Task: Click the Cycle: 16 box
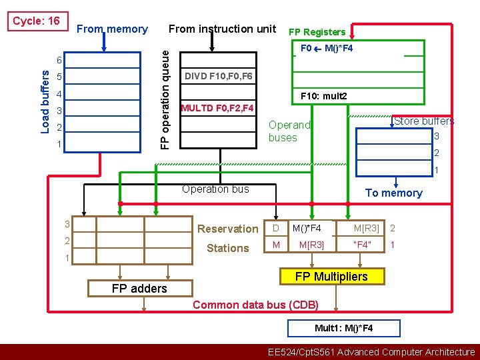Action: click(36, 21)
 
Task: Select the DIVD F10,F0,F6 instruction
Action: click(219, 76)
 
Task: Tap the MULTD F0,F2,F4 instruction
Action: click(217, 107)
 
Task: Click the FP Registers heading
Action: click(317, 32)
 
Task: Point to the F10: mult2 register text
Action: click(324, 97)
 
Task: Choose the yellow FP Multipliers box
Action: click(331, 276)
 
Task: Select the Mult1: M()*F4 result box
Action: click(343, 328)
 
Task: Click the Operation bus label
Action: click(215, 189)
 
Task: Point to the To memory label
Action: click(393, 193)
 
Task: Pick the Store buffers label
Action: click(424, 121)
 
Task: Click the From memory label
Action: click(112, 29)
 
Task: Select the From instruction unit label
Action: click(222, 29)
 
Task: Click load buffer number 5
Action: click(59, 77)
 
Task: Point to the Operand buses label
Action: click(289, 131)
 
